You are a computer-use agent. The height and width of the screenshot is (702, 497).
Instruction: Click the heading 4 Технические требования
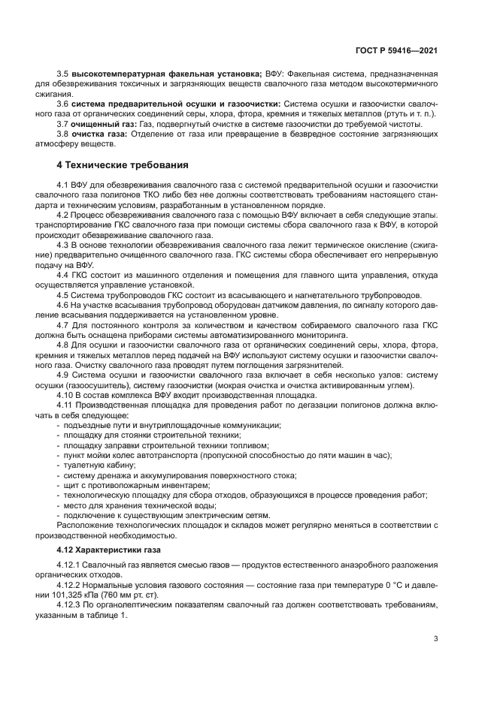coord(123,164)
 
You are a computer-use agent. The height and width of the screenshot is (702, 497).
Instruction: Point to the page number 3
coord(436,639)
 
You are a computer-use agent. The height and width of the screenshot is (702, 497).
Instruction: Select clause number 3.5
coord(63,74)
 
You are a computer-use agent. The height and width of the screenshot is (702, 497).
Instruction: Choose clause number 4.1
coord(64,184)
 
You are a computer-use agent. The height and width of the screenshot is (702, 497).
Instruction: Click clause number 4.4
coord(64,276)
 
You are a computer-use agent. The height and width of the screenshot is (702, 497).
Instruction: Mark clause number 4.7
coord(64,324)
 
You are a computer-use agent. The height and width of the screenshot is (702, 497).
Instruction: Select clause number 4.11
coord(66,405)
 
